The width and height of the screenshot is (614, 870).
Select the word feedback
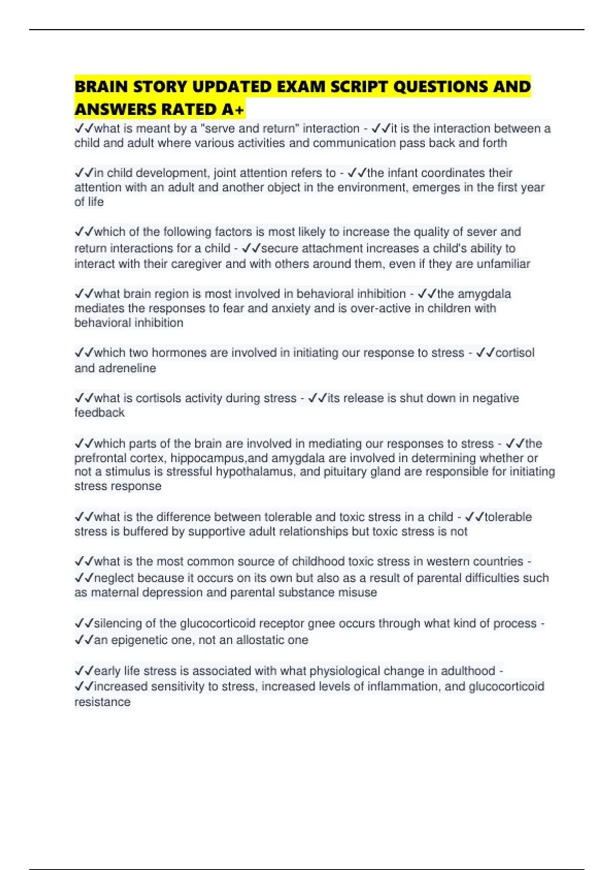[x=99, y=412]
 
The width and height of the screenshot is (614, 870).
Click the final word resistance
[x=102, y=702]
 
